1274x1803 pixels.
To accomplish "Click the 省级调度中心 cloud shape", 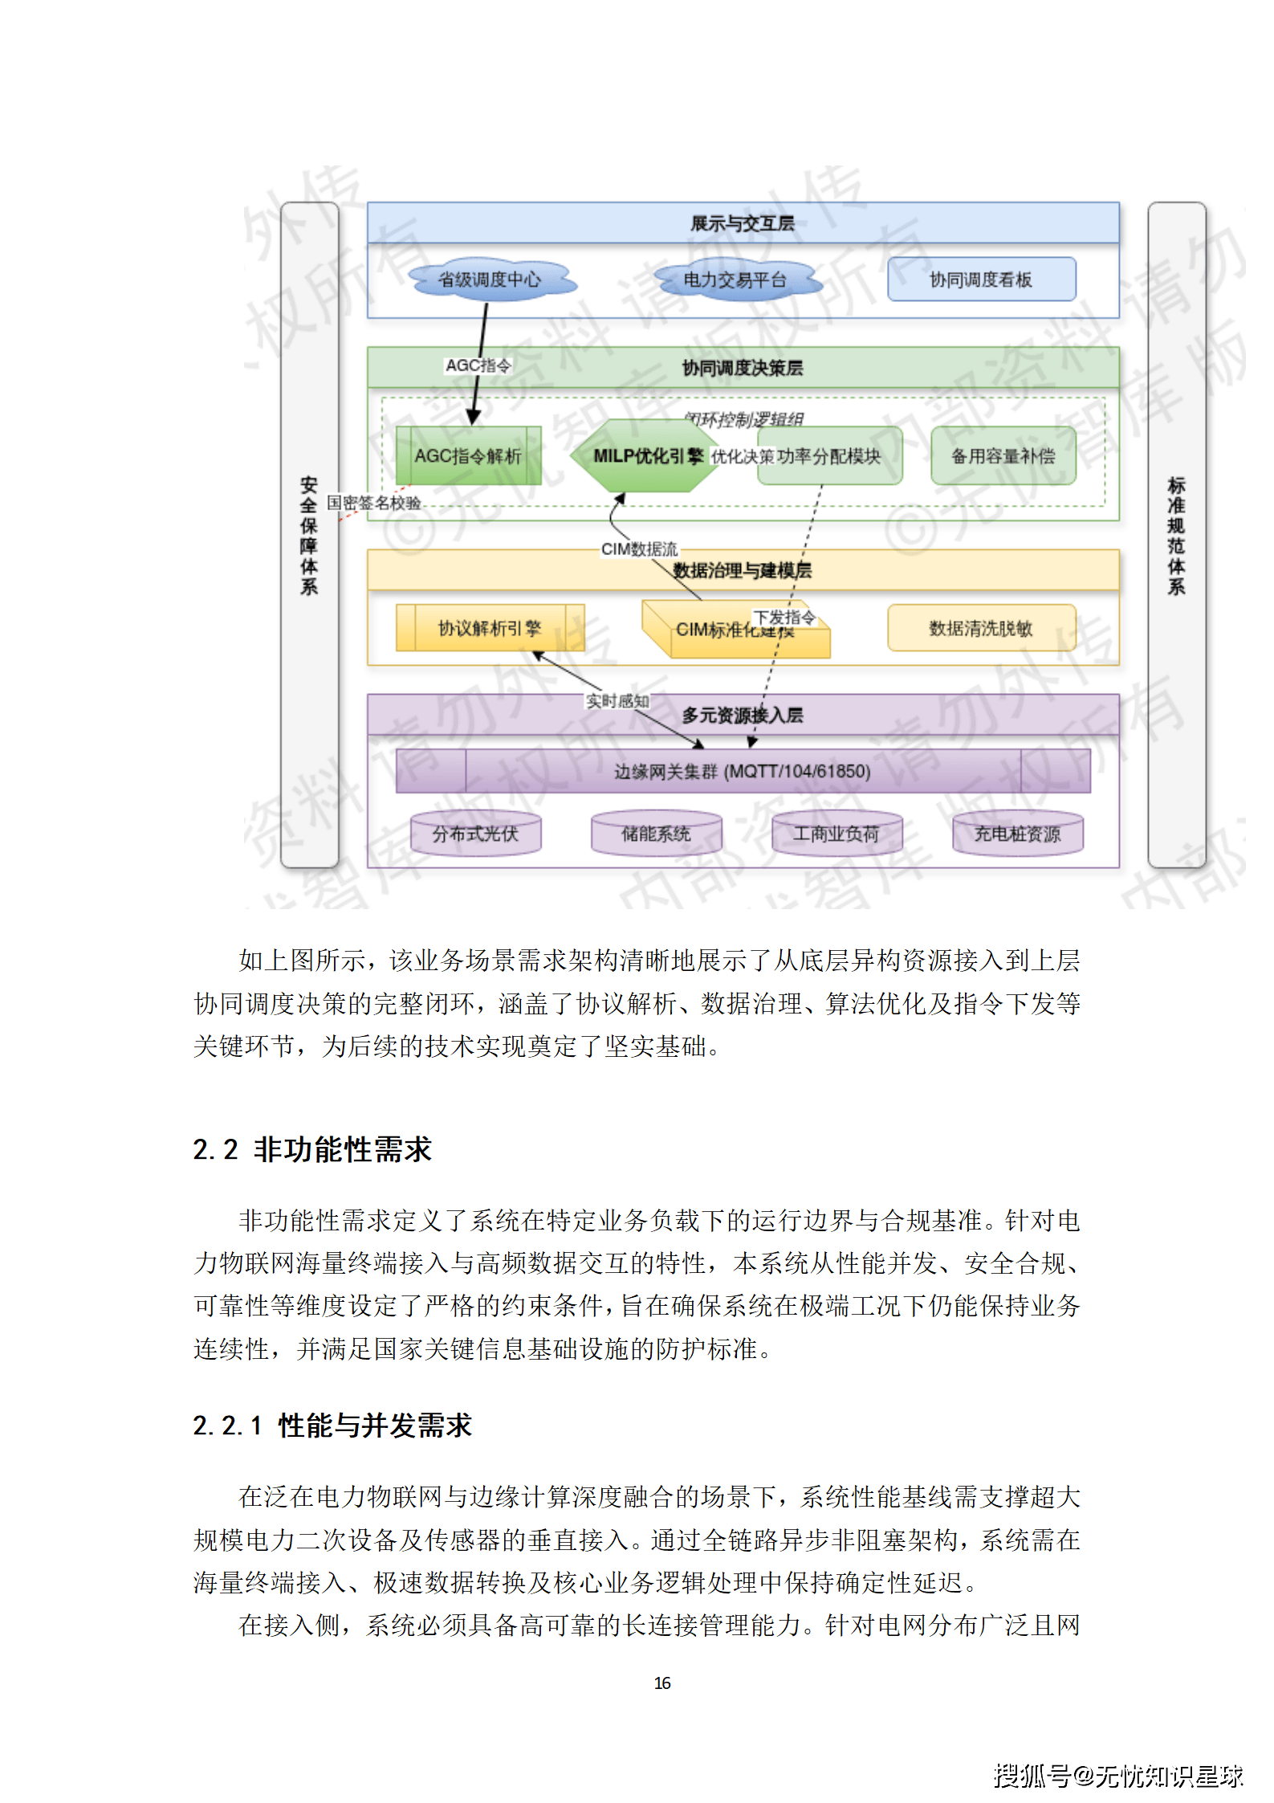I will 489,279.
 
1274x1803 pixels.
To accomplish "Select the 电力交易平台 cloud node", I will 735,279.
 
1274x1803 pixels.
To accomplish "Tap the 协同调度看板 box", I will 981,279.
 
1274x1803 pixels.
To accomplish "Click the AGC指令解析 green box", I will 468,456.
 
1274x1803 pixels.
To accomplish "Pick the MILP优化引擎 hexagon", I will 642,456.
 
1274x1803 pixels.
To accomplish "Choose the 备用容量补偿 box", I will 1003,456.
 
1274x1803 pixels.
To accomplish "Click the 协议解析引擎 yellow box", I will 490,628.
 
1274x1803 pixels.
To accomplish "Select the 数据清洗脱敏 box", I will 981,628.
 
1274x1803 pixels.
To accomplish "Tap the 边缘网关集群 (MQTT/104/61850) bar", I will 743,771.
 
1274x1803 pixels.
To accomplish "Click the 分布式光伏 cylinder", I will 475,834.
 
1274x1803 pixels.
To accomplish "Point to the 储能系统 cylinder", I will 656,834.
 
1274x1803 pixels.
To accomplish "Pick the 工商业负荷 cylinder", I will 836,834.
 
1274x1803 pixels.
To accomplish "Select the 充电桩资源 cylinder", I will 1017,834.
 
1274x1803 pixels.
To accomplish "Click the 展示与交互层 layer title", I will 743,223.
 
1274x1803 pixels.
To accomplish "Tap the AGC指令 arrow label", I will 478,365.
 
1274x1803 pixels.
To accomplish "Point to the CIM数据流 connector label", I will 639,549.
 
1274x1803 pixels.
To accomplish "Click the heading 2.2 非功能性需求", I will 312,1149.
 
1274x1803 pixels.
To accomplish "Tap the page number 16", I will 662,1683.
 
